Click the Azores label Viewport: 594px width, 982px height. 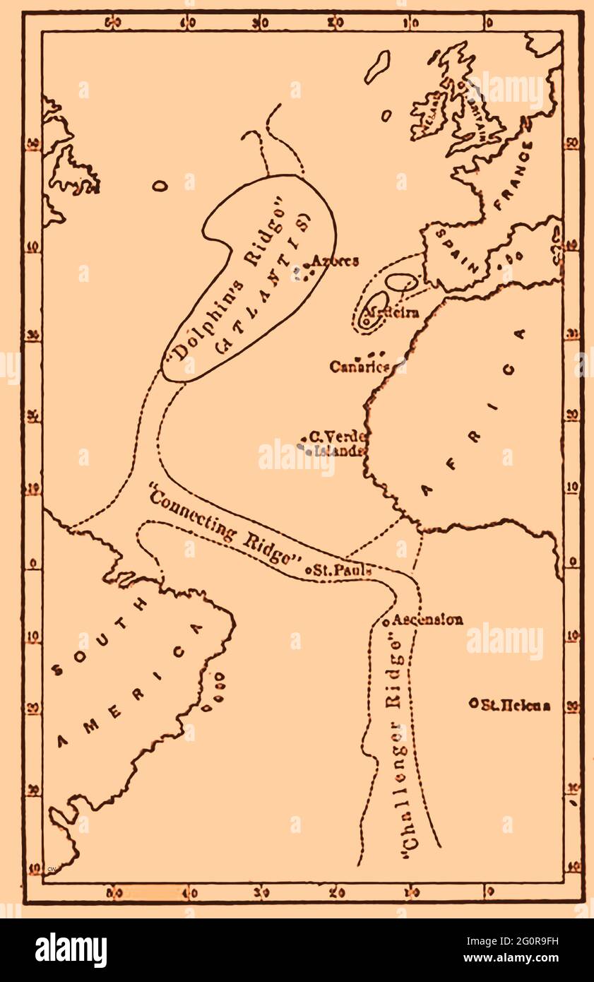tap(334, 261)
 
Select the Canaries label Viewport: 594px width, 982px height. tap(360, 367)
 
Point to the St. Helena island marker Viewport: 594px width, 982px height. tap(473, 703)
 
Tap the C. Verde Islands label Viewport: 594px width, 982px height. tap(337, 443)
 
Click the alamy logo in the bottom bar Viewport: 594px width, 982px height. tap(71, 950)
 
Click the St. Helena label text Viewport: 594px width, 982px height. tap(516, 704)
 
